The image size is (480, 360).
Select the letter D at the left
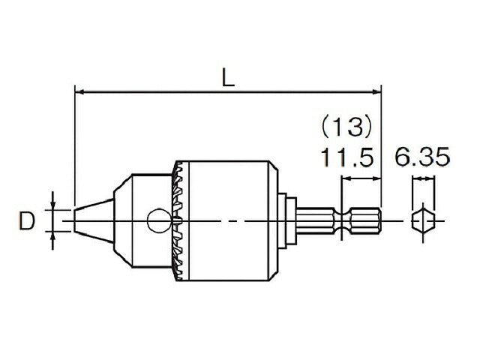[x=28, y=220]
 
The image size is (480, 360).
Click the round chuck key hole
[x=157, y=220]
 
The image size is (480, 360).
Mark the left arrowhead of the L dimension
[x=79, y=93]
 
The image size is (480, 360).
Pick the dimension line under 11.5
[x=361, y=178]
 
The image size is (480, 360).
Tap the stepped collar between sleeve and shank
[x=286, y=220]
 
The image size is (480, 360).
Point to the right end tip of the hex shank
[x=379, y=221]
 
